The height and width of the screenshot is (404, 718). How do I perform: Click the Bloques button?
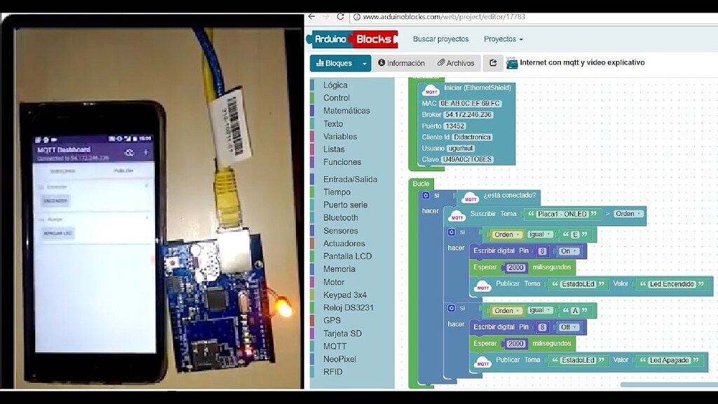point(334,63)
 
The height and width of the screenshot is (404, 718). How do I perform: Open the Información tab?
point(402,63)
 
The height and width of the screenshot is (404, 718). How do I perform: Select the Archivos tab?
point(456,63)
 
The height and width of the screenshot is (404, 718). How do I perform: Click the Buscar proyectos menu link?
point(440,39)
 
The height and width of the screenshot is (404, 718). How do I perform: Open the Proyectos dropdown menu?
point(503,39)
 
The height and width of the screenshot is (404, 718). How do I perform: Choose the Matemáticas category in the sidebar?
point(346,111)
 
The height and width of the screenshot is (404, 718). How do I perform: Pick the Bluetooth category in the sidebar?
point(340,217)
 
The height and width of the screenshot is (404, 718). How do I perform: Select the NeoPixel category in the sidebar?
point(339,359)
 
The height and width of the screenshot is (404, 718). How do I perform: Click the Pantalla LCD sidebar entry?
point(347,256)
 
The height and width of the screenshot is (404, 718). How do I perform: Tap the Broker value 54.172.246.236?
point(468,114)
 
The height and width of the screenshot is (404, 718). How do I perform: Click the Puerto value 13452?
point(454,126)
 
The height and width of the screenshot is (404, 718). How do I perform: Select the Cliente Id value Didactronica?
point(472,137)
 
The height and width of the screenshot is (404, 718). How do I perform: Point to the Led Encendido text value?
point(671,284)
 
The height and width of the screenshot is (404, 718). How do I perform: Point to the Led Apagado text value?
point(668,361)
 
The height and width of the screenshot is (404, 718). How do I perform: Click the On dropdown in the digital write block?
point(569,251)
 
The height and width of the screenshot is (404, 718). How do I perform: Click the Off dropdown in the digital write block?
point(569,327)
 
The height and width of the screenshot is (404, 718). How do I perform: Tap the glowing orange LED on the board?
point(285,308)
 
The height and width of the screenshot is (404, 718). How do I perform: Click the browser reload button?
point(341,17)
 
